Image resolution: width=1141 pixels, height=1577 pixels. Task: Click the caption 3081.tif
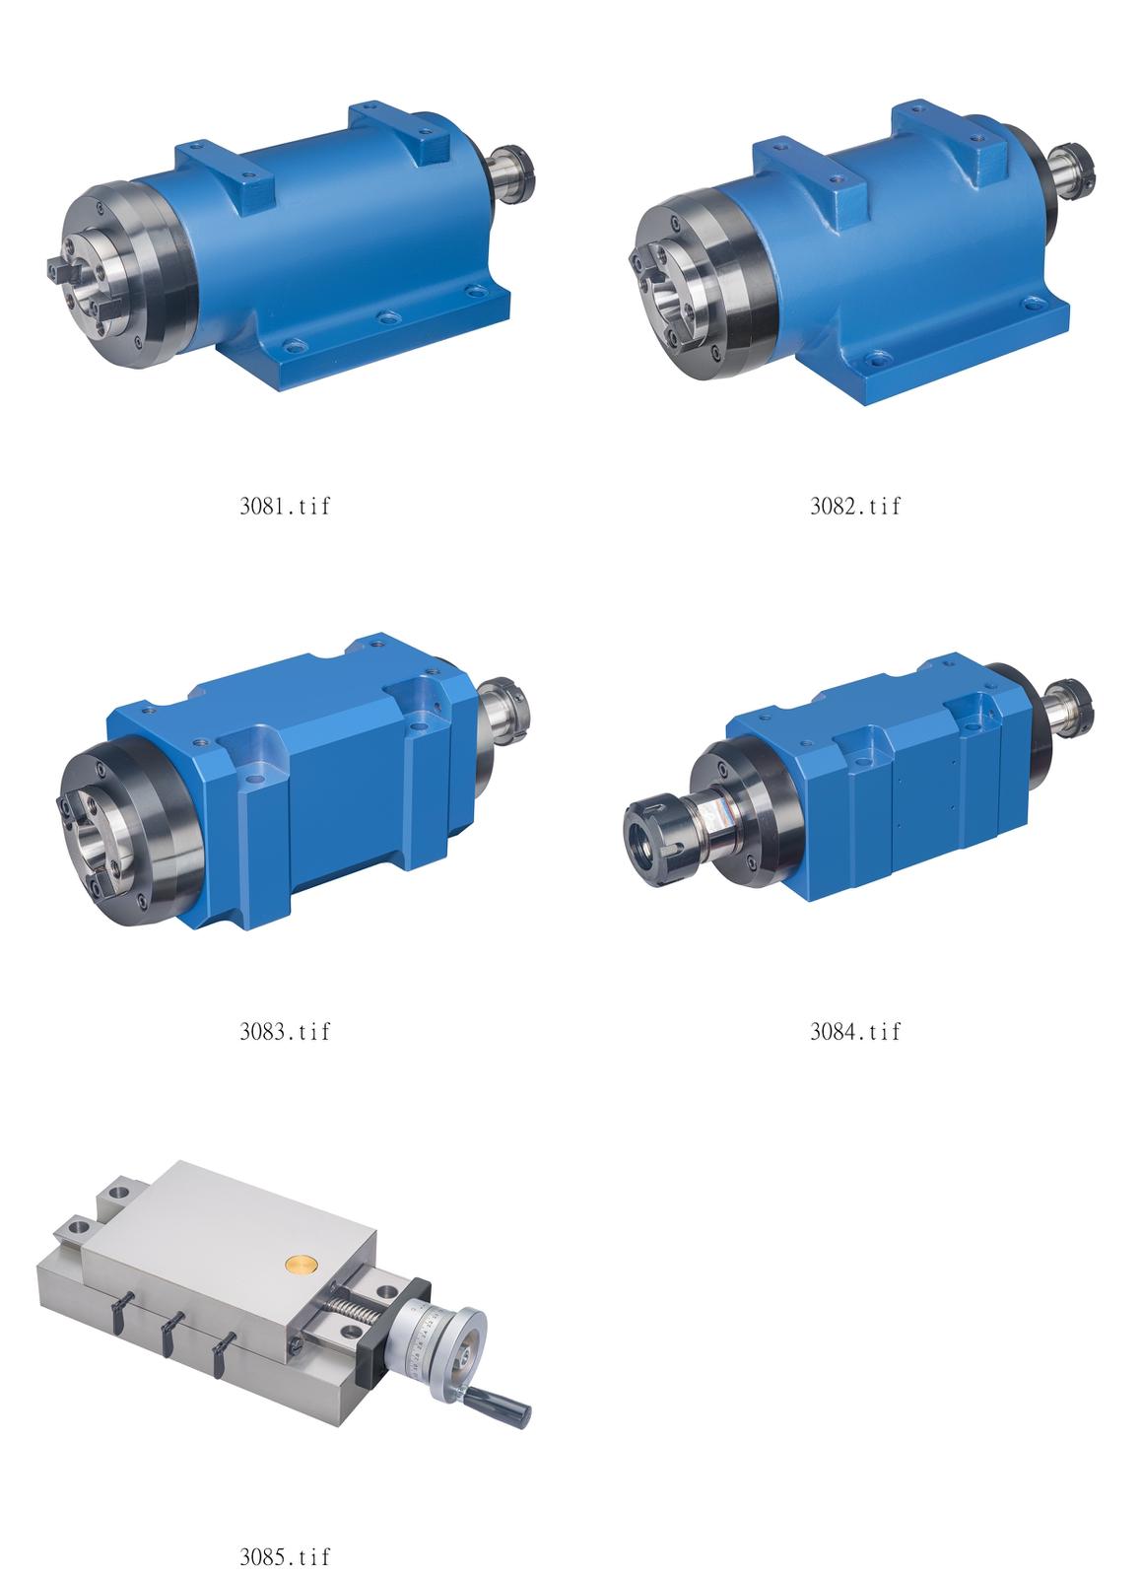(285, 506)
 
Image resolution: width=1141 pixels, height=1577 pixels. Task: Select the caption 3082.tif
(854, 506)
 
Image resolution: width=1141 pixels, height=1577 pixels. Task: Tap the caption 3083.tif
(285, 1031)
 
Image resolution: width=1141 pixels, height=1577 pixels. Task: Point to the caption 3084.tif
(854, 1031)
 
